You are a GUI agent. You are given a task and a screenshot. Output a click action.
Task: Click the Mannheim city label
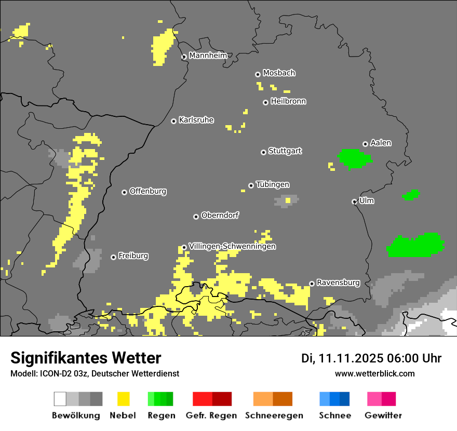click(x=208, y=56)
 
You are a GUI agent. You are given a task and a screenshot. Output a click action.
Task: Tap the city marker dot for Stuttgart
click(x=263, y=152)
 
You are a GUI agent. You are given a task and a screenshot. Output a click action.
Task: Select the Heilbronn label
click(x=288, y=101)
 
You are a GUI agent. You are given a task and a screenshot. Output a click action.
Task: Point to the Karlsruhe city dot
click(x=174, y=121)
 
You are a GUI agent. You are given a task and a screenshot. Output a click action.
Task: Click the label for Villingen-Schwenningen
click(x=232, y=246)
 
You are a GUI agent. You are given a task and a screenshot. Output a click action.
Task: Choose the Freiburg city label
click(x=133, y=255)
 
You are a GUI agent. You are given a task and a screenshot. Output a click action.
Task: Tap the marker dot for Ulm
click(x=355, y=201)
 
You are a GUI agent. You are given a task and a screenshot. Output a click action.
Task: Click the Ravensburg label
click(x=338, y=282)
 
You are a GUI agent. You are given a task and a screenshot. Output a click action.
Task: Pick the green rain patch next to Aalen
click(x=354, y=159)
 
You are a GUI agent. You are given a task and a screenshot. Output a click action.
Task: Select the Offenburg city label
click(x=148, y=191)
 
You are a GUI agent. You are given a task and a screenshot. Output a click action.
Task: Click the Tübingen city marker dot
click(x=251, y=185)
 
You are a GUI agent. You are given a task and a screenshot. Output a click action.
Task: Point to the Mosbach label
click(x=279, y=73)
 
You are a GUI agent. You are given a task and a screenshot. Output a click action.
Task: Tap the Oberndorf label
click(x=220, y=215)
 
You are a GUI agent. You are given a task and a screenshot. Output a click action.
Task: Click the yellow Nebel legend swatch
click(x=123, y=399)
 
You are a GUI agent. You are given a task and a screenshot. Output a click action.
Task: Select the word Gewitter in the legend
click(x=383, y=415)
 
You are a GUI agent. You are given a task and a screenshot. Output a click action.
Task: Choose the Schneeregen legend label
click(x=274, y=415)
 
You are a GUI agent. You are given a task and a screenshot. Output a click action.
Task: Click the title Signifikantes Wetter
click(x=86, y=358)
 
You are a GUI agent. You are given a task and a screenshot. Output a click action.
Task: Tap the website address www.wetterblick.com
click(x=375, y=373)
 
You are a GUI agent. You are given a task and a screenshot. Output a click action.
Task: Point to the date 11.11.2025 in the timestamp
click(x=351, y=358)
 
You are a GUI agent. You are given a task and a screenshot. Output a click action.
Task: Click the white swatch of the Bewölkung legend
click(x=60, y=399)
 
